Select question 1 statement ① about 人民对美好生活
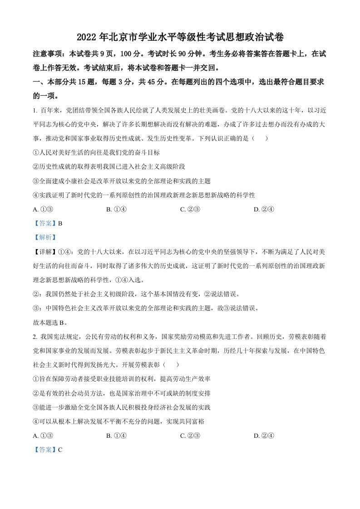(96, 152)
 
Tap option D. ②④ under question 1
(263, 209)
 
